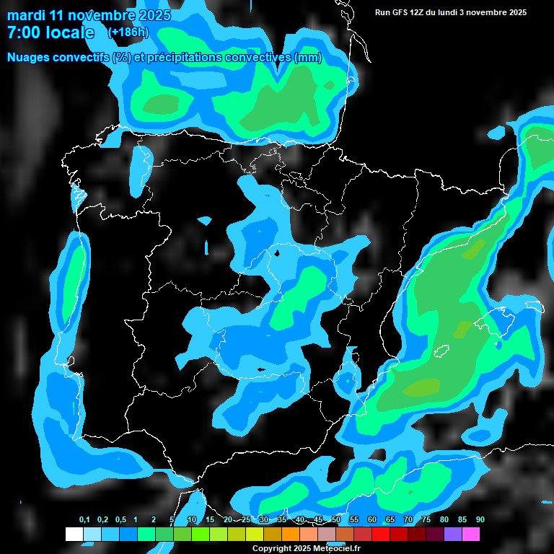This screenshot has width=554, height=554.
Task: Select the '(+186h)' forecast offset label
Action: tap(128, 32)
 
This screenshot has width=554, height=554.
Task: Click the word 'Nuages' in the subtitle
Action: tap(30, 58)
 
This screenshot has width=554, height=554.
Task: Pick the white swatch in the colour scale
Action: tap(74, 534)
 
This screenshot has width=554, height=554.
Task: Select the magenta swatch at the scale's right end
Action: tap(470, 534)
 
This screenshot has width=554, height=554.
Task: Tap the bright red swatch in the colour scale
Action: tap(380, 534)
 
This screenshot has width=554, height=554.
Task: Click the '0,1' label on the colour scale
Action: tap(84, 520)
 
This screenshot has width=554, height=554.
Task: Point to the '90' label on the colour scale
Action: tap(480, 520)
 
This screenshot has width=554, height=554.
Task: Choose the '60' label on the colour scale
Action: tap(371, 520)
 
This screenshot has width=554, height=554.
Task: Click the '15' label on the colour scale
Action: tap(209, 520)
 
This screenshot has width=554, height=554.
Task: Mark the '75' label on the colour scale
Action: tap(426, 520)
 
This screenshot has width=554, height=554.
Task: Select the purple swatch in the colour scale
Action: tap(452, 534)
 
